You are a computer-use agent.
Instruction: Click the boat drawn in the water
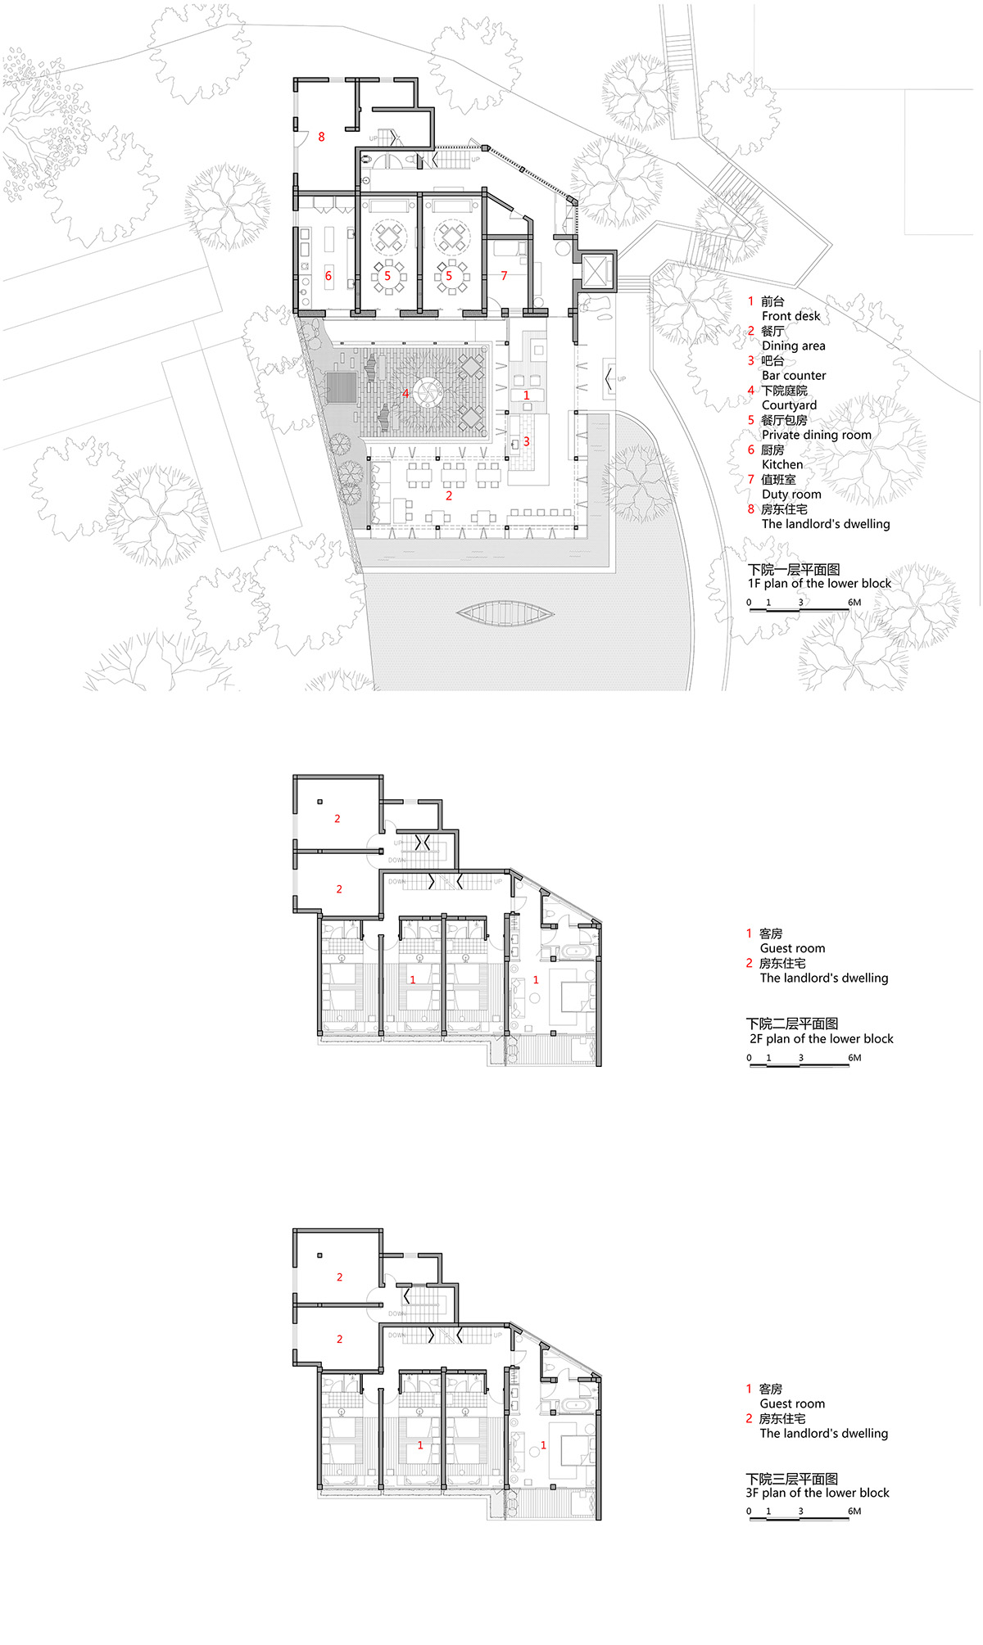505,613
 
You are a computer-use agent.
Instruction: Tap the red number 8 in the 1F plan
321,137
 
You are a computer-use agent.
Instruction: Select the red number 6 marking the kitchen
328,276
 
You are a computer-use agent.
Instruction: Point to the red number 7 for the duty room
504,276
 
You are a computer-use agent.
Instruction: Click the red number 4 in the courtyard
405,394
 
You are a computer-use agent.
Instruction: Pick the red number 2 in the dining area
449,495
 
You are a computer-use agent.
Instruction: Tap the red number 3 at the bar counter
527,441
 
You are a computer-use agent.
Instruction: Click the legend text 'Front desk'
790,316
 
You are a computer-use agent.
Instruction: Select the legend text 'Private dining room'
816,435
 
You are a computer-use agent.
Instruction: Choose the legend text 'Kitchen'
782,464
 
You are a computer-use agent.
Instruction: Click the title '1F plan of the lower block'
819,584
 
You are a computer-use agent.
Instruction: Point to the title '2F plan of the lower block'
822,1039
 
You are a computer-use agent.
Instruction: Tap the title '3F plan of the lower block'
818,1493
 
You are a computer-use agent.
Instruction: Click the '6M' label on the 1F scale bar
854,603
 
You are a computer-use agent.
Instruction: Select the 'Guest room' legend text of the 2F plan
792,948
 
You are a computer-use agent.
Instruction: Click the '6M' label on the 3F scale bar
854,1512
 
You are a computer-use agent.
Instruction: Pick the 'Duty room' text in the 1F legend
791,495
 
